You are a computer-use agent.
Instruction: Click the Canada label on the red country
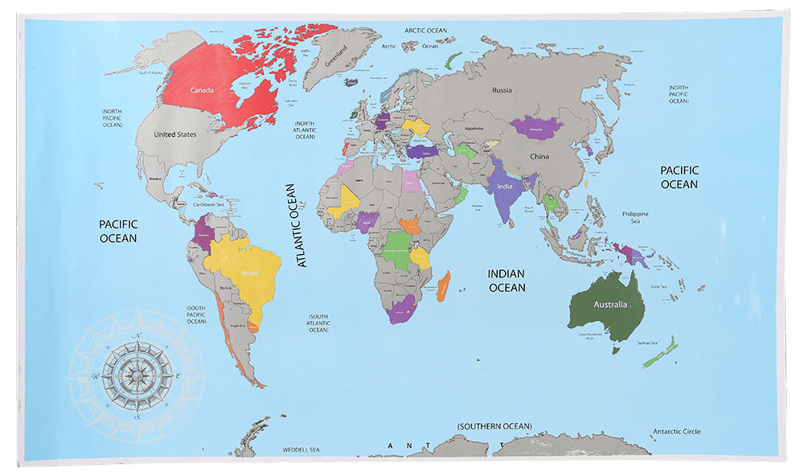click(x=202, y=90)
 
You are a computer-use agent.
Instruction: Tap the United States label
click(x=174, y=134)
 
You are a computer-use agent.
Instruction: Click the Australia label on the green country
click(x=609, y=305)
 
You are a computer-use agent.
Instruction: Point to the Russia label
click(x=502, y=90)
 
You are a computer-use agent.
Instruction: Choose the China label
click(x=539, y=156)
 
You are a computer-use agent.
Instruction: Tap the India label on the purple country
click(x=504, y=187)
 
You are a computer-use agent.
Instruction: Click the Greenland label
click(x=336, y=56)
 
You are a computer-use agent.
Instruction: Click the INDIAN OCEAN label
click(x=507, y=281)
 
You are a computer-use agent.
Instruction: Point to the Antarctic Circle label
click(x=676, y=432)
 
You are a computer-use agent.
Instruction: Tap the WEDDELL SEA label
click(x=301, y=449)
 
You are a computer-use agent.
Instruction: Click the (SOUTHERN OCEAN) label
click(x=494, y=425)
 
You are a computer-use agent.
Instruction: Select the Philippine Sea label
click(x=635, y=217)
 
